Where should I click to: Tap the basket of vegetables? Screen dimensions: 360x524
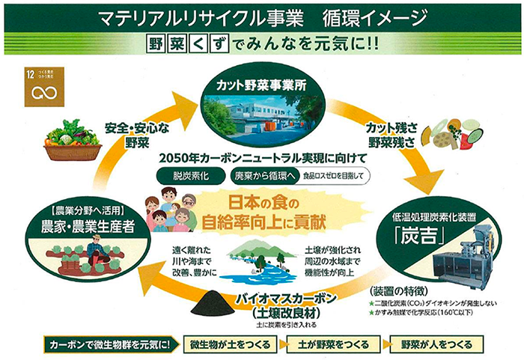pyautogui.click(x=72, y=141)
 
